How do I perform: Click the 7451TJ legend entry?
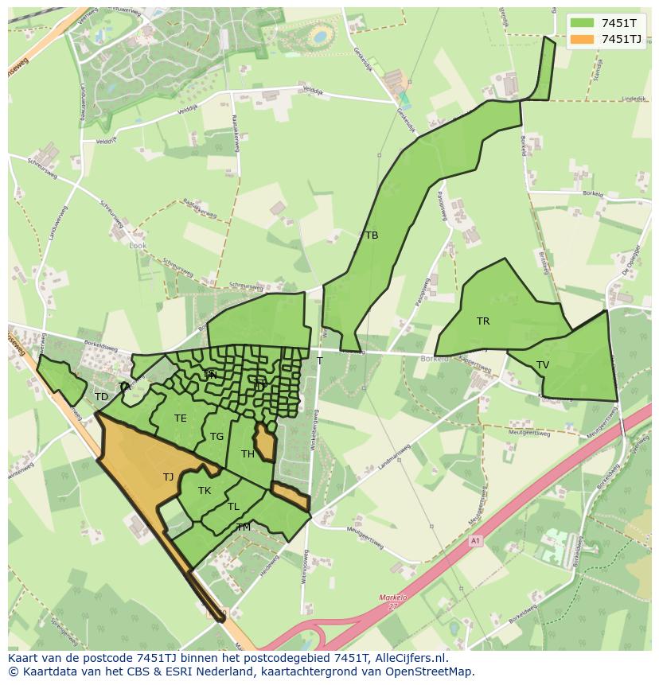[622, 39]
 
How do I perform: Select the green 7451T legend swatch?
[582, 22]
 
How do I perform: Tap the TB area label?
[371, 235]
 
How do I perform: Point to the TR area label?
[483, 321]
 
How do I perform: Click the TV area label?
[543, 365]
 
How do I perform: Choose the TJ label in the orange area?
[168, 477]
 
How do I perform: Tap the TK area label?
[205, 491]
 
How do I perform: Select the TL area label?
[233, 507]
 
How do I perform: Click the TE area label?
[181, 418]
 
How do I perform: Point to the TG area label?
[216, 437]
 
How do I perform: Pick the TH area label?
[248, 454]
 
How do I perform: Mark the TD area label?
[101, 397]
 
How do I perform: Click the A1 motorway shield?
[476, 541]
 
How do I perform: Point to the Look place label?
[138, 246]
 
